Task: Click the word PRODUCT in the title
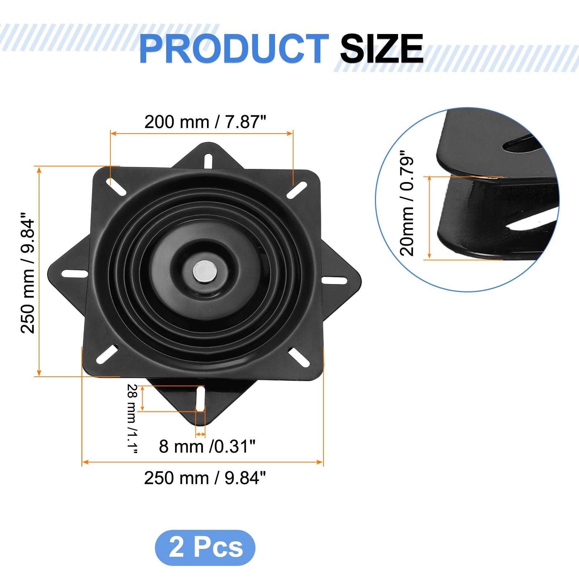point(234,48)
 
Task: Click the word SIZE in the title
point(381,48)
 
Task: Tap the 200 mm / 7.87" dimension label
point(205,122)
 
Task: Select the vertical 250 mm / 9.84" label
point(28,273)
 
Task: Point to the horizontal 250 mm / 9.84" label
point(205,478)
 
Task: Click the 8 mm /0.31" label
point(207,447)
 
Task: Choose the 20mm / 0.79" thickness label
point(406,203)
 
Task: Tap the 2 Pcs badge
point(205,548)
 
